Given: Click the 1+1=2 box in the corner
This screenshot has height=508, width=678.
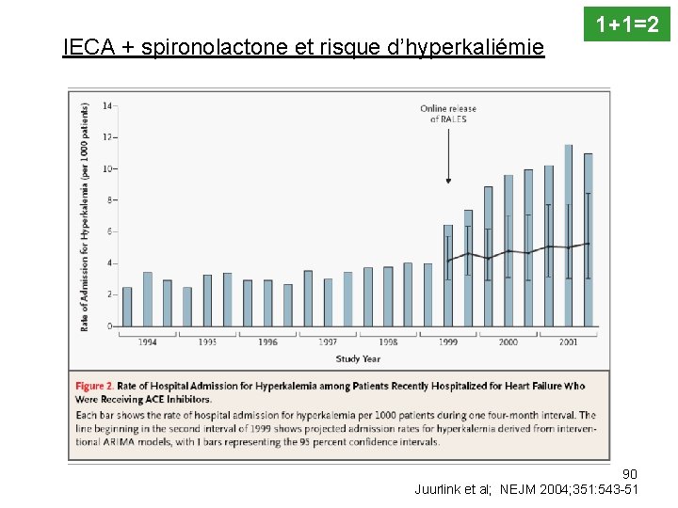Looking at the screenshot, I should [x=627, y=22].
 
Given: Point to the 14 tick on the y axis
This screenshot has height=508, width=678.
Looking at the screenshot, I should [x=107, y=105].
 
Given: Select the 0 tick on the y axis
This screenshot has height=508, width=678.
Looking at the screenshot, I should [x=109, y=326].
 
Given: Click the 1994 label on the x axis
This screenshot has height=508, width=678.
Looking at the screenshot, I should [x=147, y=341].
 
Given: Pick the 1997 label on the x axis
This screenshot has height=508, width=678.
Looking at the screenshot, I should [x=328, y=341].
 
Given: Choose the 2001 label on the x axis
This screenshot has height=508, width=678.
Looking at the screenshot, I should [x=568, y=341].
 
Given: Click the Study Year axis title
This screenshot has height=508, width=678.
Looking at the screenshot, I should [x=358, y=358].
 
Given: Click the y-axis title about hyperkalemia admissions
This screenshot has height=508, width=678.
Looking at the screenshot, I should [x=85, y=216].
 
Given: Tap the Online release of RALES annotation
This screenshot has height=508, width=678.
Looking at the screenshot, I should [x=448, y=114].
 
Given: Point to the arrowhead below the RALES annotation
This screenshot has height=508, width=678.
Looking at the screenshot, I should [x=448, y=180].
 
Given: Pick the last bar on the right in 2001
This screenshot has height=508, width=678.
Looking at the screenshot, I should [x=589, y=240].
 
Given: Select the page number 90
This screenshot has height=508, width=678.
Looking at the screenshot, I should [x=630, y=473].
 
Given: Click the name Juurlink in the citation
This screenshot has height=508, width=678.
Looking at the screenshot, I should [x=439, y=489].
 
